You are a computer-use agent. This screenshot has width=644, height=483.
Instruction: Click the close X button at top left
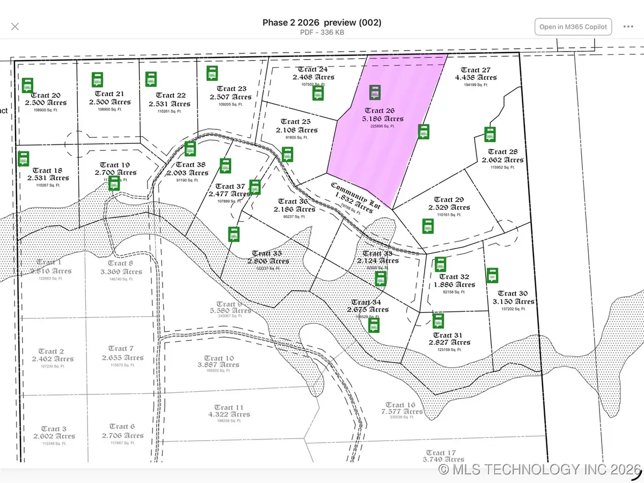click(x=15, y=26)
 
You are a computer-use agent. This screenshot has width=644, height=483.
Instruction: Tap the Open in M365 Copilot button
click(x=573, y=27)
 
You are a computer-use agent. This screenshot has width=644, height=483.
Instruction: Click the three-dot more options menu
click(x=628, y=27)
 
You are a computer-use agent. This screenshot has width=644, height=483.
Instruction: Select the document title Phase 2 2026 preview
click(x=321, y=23)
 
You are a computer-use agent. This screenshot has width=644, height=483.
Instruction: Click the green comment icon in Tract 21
click(x=97, y=79)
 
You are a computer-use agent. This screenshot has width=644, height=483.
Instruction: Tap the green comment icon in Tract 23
click(x=212, y=74)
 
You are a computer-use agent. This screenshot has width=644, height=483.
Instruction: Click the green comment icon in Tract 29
click(x=428, y=226)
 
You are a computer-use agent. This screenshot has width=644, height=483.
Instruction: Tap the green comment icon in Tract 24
click(x=318, y=93)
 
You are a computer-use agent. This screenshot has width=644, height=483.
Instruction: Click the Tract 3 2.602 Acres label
click(x=54, y=433)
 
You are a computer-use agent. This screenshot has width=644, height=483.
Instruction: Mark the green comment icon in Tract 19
click(x=114, y=183)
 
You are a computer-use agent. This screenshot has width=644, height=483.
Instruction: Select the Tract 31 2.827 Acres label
click(x=449, y=339)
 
